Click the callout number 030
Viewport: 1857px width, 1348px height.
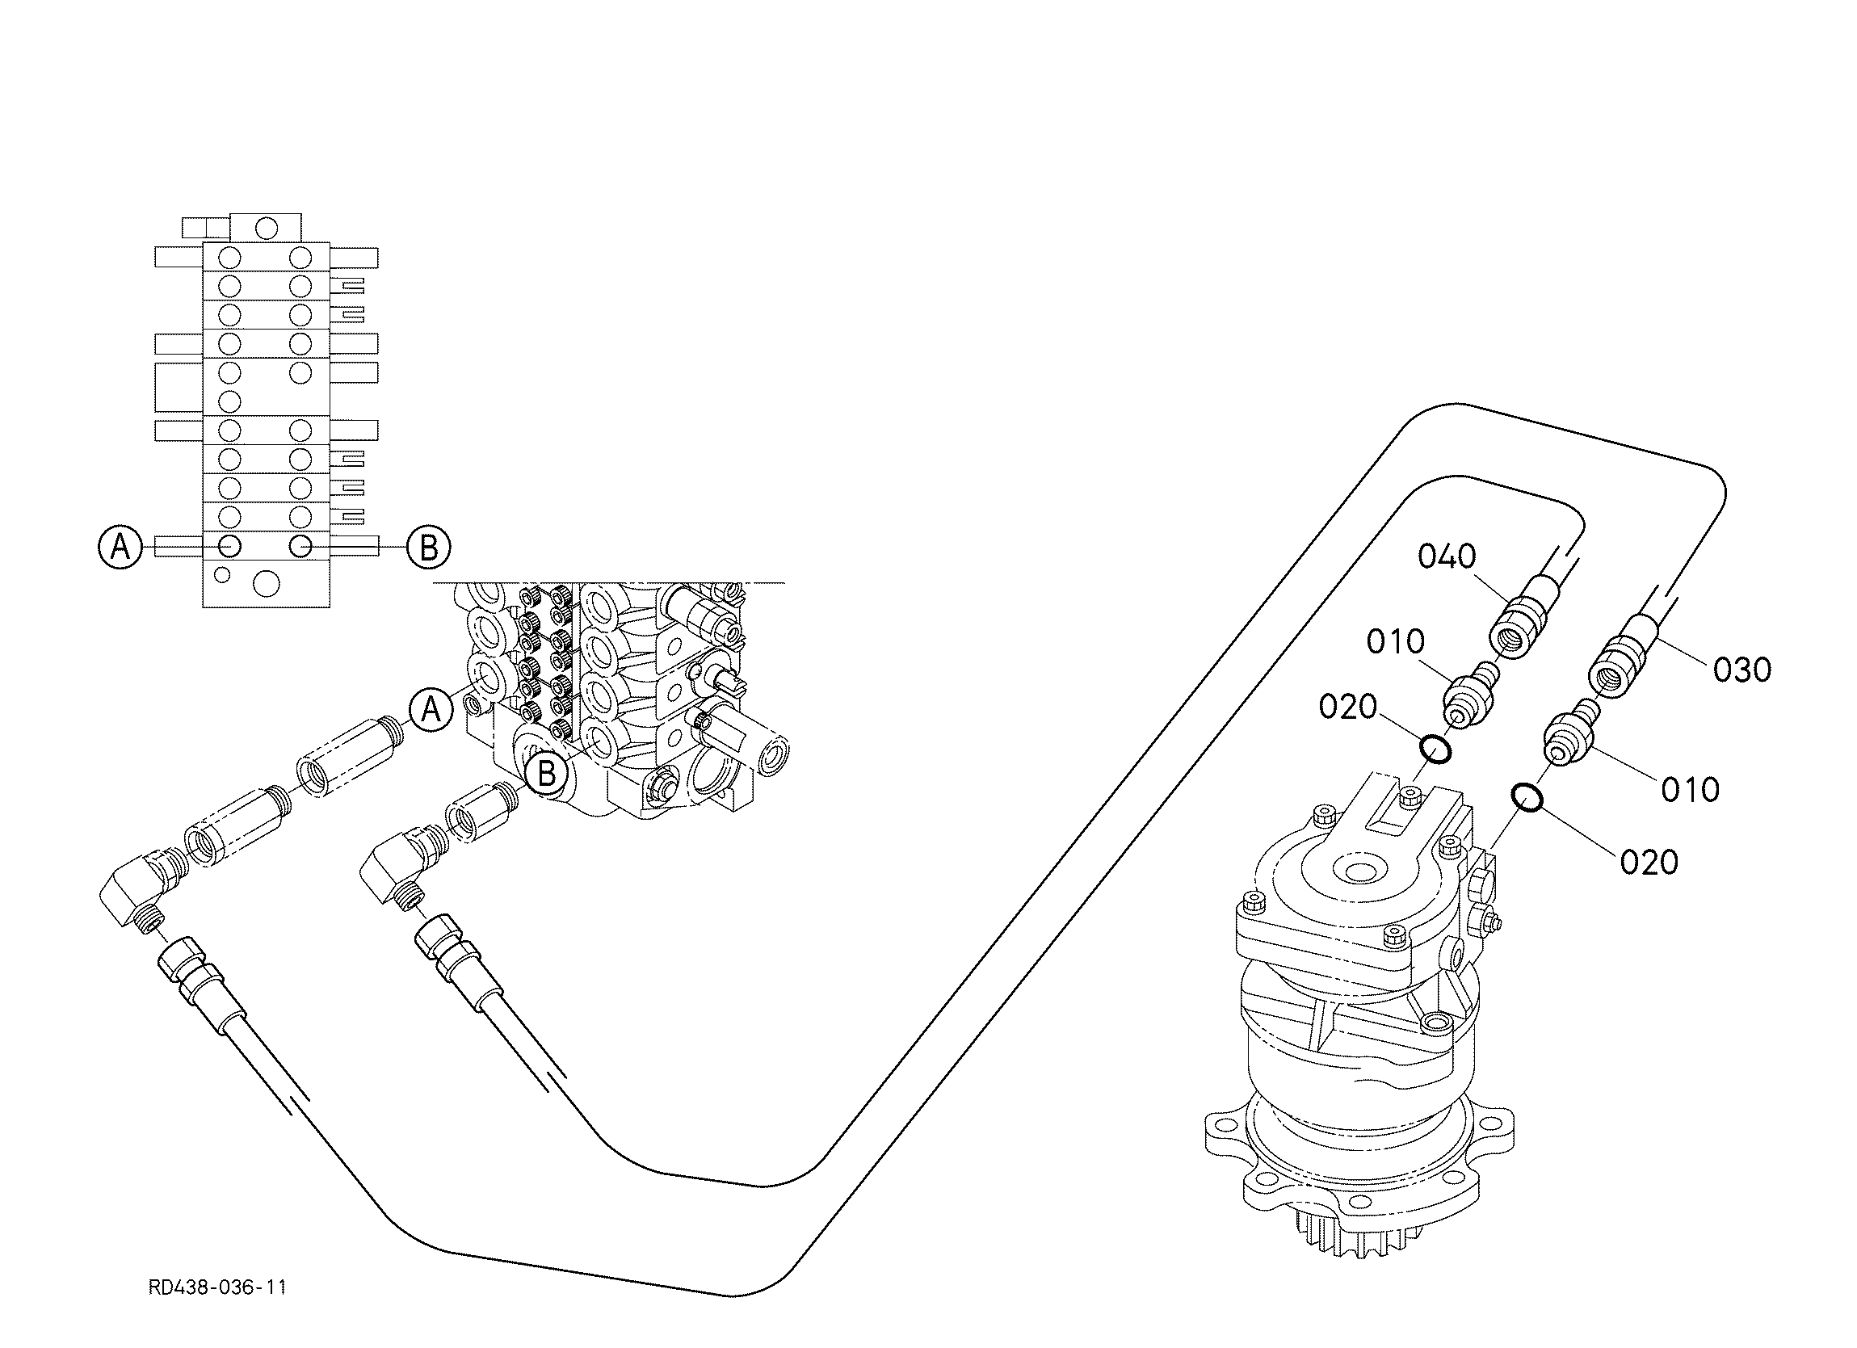1743,670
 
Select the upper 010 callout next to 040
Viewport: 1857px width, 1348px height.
1396,642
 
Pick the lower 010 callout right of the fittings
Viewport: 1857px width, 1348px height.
1691,790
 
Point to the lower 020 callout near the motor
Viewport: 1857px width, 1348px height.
1650,863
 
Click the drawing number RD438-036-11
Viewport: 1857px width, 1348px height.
218,1288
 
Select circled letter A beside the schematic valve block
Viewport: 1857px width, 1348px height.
120,546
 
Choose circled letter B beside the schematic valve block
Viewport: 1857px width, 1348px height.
429,547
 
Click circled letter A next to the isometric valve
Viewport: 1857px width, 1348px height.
431,709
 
